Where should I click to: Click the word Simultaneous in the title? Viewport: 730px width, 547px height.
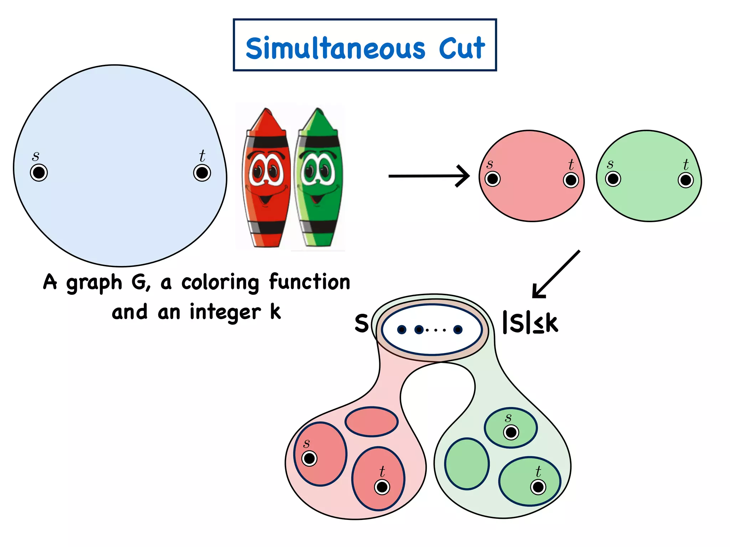(x=335, y=48)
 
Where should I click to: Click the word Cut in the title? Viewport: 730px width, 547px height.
(x=462, y=48)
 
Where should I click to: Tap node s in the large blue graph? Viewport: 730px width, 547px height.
(x=39, y=173)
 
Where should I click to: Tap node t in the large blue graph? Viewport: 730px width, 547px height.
(x=202, y=173)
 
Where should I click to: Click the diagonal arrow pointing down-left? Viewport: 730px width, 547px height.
(x=556, y=274)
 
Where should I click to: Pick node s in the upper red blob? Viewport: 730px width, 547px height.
(x=493, y=179)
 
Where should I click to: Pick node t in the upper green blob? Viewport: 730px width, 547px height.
(x=685, y=180)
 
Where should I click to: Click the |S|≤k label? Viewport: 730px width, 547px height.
(x=530, y=323)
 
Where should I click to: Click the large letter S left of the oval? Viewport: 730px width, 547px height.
(x=361, y=323)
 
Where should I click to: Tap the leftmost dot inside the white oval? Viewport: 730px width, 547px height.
(x=402, y=330)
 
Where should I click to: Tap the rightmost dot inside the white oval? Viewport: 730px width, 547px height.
(x=458, y=330)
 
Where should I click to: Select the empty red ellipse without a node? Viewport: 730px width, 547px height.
(x=371, y=422)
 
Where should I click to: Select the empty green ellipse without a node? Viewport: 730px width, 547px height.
(x=467, y=464)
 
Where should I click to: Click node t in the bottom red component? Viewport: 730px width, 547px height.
(x=382, y=487)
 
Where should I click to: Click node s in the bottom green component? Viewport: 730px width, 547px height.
(x=511, y=432)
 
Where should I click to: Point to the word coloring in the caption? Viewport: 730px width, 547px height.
(x=220, y=283)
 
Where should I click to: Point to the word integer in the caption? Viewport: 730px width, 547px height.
(x=225, y=313)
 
